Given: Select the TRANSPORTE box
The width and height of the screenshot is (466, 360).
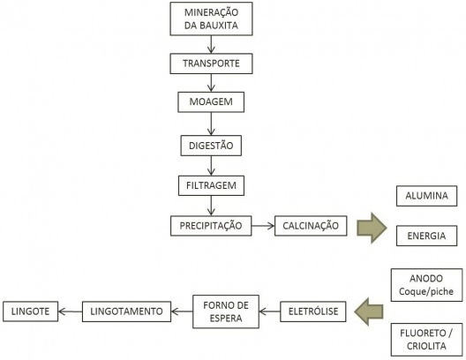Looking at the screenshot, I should (x=209, y=64).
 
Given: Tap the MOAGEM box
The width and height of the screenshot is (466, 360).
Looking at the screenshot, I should (x=209, y=103).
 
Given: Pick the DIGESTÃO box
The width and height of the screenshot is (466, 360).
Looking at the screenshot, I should (x=209, y=144).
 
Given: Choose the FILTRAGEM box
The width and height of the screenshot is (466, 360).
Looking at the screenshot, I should (x=209, y=185).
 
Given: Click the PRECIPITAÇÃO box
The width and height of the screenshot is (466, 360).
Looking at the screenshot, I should (x=209, y=226).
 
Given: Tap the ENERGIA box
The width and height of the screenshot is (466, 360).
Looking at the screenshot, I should (x=426, y=236).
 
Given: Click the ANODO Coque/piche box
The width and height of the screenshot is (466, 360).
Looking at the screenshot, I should (x=426, y=288).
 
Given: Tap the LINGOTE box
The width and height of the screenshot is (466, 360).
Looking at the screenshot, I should (x=31, y=311).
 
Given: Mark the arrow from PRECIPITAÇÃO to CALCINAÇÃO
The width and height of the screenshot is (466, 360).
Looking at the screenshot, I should (x=262, y=226).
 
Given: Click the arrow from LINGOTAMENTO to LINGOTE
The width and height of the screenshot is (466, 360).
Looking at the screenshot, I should (x=71, y=311).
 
